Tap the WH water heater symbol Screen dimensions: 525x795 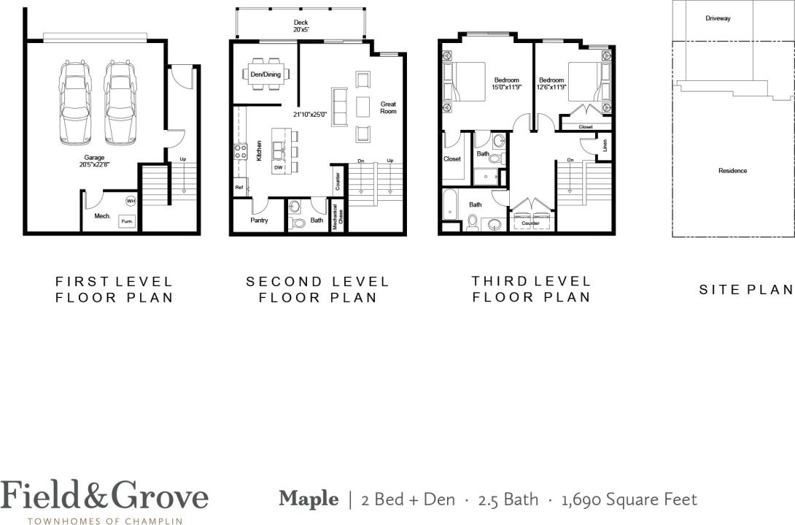pyautogui.click(x=131, y=201)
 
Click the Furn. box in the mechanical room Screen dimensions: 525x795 pyautogui.click(x=127, y=221)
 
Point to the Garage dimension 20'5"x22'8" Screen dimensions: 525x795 pyautogui.click(x=94, y=165)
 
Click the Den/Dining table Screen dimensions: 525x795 pyautogui.click(x=265, y=74)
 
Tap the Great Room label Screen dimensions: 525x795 pyautogui.click(x=388, y=107)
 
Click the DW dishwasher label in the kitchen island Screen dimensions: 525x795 pyautogui.click(x=279, y=167)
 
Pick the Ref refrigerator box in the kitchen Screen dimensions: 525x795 pyautogui.click(x=238, y=188)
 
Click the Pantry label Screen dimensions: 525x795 pyautogui.click(x=258, y=220)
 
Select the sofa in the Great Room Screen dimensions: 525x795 pyautogui.click(x=339, y=107)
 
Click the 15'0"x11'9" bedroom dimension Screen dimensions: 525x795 pyautogui.click(x=506, y=88)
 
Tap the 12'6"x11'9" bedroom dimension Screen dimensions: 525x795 pyautogui.click(x=551, y=88)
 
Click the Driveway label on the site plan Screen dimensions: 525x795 pyautogui.click(x=718, y=18)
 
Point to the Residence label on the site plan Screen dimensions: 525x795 pyautogui.click(x=732, y=171)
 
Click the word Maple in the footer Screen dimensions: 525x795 pyautogui.click(x=309, y=499)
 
